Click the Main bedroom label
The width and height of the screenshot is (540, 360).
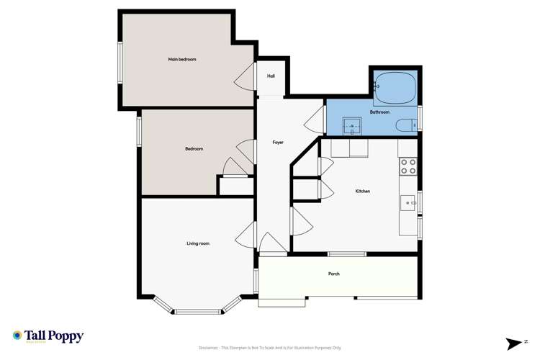[x=182, y=59]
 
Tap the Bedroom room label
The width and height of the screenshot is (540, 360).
[x=194, y=149]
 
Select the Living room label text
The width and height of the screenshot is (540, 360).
[x=198, y=243]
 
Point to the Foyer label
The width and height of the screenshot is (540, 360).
[x=278, y=143]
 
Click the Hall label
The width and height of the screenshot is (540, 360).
[x=271, y=76]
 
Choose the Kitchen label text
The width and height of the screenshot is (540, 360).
[x=363, y=191]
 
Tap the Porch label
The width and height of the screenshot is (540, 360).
[x=333, y=274]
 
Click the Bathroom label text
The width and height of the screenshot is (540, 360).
[x=379, y=112]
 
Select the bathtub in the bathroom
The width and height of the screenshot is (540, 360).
[x=395, y=87]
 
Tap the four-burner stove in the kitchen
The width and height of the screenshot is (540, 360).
[x=408, y=167]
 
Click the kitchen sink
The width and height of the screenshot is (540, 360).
[x=408, y=203]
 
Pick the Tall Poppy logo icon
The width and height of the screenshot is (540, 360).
[x=17, y=336]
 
